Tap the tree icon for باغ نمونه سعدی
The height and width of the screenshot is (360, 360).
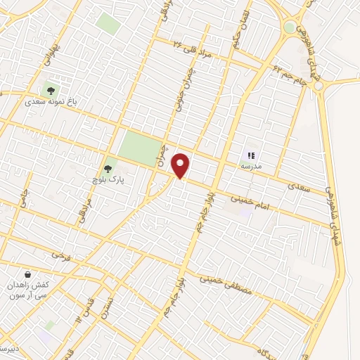point(49,89)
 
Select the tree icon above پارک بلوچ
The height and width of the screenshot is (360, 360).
point(108,169)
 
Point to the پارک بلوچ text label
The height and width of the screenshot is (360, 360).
point(106,181)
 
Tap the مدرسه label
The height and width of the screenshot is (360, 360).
point(251,166)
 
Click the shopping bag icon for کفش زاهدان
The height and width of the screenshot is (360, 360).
point(27,274)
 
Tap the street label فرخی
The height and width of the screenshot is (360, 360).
point(63,254)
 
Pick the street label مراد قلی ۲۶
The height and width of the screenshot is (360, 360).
point(191,48)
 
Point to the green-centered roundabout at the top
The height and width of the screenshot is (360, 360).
point(290,27)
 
